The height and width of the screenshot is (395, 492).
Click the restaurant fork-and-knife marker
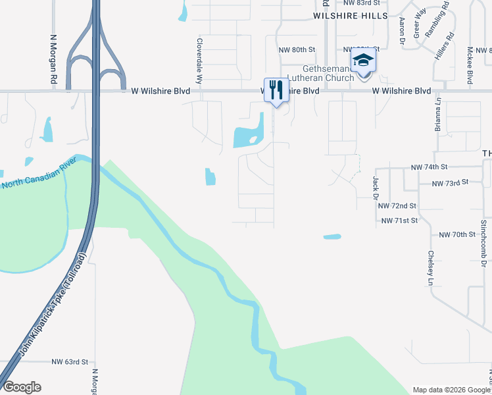coord(276,90)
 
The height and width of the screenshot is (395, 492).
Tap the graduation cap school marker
coord(362,60)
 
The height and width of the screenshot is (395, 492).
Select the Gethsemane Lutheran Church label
coord(328,73)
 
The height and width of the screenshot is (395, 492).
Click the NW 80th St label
coord(297,49)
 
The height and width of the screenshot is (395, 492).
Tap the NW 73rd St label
coord(450,182)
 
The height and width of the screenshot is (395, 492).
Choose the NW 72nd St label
coord(397,206)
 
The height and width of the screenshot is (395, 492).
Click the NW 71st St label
coord(399,221)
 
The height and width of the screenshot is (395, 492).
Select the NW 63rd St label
coord(70,362)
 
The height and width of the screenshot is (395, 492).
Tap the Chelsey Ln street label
coord(431,268)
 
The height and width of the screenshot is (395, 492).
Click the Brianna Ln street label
coord(437,115)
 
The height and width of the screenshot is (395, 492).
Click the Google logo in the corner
coord(22,387)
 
